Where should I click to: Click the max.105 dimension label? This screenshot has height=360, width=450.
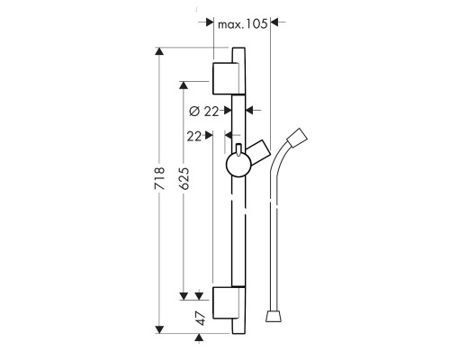(x=242, y=24)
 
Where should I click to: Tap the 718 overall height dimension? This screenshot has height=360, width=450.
(x=159, y=178)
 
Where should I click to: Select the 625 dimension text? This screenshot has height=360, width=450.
(x=184, y=178)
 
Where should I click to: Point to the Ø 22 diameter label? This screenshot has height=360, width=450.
(x=204, y=112)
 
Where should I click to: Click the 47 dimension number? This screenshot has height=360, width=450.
(x=201, y=319)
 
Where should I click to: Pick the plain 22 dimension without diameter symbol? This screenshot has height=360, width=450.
(x=193, y=137)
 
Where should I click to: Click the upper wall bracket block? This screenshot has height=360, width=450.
(x=226, y=78)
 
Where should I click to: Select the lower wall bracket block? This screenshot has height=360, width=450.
(x=226, y=302)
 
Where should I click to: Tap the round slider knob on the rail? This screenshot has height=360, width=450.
(x=238, y=165)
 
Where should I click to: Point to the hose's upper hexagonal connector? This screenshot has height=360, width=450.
(x=297, y=139)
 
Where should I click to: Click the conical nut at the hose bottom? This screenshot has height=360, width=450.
(x=274, y=317)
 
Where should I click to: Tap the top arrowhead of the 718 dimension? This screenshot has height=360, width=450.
(x=159, y=51)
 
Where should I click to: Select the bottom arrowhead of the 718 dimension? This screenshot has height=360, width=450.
(x=159, y=329)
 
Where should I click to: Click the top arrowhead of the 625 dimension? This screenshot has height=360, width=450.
(x=184, y=85)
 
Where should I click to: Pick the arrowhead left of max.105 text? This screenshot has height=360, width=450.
(x=210, y=22)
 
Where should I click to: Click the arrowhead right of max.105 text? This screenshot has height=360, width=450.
(x=274, y=22)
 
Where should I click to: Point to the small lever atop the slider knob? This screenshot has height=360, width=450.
(x=238, y=150)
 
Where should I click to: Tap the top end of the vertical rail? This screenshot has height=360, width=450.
(x=238, y=48)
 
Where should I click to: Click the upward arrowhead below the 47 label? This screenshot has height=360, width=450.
(x=198, y=337)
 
